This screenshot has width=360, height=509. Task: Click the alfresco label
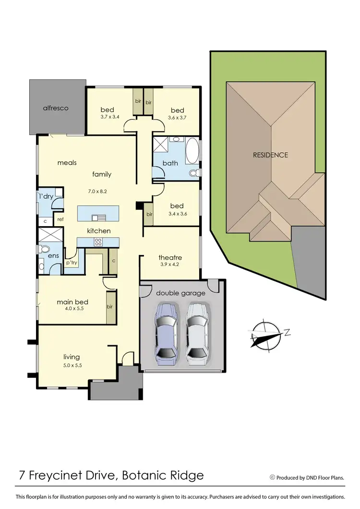point(56,108)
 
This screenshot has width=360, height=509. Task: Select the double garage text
point(180,293)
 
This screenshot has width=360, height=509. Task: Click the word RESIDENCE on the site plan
point(271,155)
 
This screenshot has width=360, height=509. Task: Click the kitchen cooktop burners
point(99,242)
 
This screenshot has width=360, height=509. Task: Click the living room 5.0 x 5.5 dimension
point(72,364)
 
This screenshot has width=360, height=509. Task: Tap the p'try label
point(72,263)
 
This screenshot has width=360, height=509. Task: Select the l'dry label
point(46,196)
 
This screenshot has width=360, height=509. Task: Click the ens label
point(53,256)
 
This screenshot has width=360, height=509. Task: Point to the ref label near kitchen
point(60,219)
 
